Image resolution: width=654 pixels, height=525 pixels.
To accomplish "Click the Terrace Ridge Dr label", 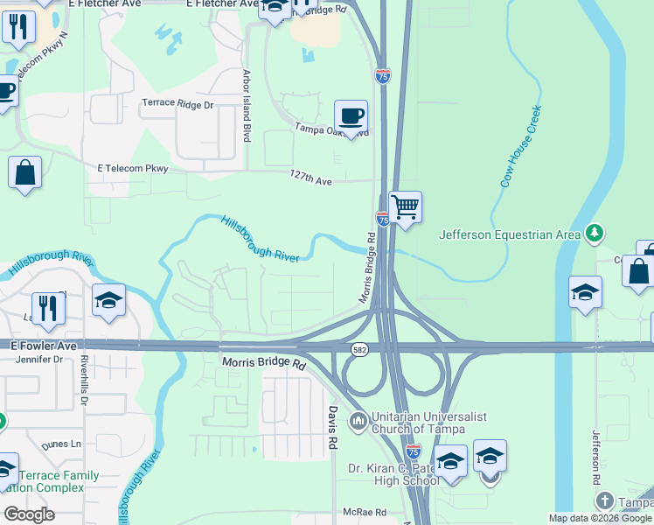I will pyautogui.click(x=177, y=104).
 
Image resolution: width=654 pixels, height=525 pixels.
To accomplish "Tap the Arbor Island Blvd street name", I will pyautogui.click(x=247, y=107).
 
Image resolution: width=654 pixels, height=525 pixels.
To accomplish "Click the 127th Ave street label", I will pyautogui.click(x=311, y=179).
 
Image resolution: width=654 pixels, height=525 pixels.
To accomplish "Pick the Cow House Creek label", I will pyautogui.click(x=521, y=146).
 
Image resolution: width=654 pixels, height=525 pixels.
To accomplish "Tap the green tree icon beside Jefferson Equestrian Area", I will pyautogui.click(x=595, y=232).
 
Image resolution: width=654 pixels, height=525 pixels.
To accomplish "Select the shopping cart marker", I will pyautogui.click(x=405, y=208).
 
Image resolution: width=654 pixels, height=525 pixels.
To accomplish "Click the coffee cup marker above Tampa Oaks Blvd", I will pyautogui.click(x=351, y=116).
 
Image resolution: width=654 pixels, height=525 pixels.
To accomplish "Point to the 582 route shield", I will pyautogui.click(x=359, y=350).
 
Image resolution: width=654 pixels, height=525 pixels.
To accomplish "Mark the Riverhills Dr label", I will pyautogui.click(x=85, y=380).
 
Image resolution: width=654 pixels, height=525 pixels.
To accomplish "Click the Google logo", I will pyautogui.click(x=29, y=514).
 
